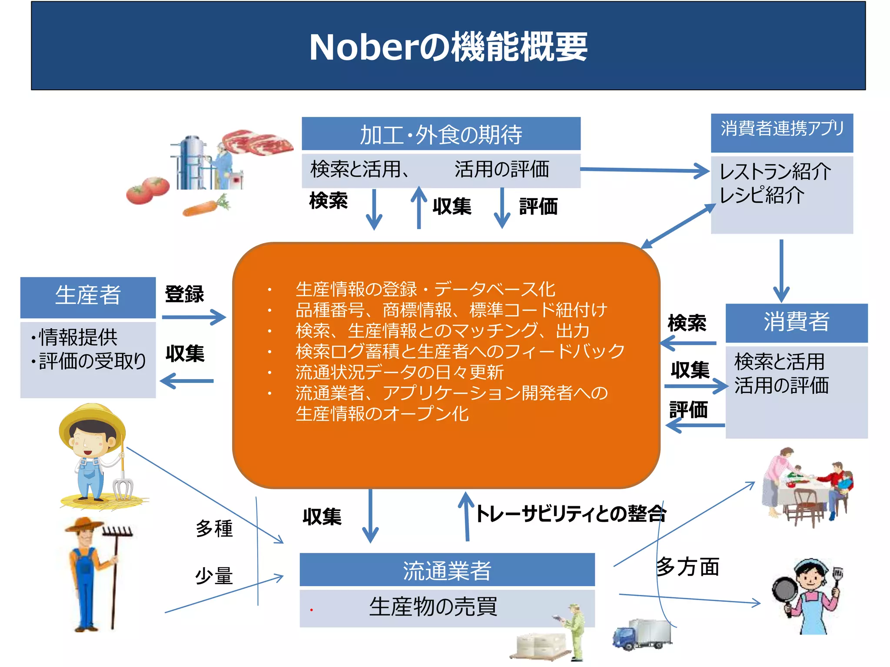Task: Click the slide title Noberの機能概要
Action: coord(448,47)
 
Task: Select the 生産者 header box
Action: coord(88,297)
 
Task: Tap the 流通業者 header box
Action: coord(447,570)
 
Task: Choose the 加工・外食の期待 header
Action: coord(441,134)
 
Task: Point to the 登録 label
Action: coord(184,294)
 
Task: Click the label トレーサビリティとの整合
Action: coord(571,514)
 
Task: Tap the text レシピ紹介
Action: coord(762,195)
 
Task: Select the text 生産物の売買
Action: coord(433,607)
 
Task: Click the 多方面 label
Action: coord(687,567)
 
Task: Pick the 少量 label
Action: coord(214,576)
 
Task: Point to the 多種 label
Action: coord(214,528)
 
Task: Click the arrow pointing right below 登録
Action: coord(194,317)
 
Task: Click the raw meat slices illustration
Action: coord(257,142)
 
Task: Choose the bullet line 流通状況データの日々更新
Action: coord(399,372)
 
